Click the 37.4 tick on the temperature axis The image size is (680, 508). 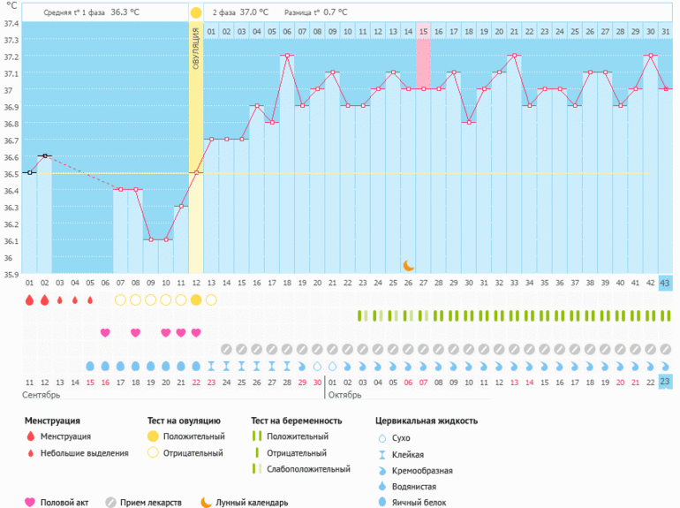(11, 23)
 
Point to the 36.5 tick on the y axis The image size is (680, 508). (11, 174)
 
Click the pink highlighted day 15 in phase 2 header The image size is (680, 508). (424, 32)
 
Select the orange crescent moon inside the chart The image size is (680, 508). (408, 265)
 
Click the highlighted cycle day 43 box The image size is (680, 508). (665, 283)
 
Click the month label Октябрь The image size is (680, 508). (346, 394)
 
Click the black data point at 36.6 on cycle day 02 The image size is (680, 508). (45, 155)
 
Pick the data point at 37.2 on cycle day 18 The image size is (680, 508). (286, 56)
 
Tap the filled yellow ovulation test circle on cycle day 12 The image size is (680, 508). (196, 300)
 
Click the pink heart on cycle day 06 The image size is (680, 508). (105, 332)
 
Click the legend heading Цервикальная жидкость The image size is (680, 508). (427, 421)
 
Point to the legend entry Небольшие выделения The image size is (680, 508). (86, 453)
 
